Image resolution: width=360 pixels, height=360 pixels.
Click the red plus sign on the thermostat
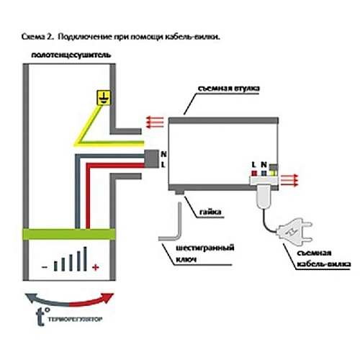(95, 267)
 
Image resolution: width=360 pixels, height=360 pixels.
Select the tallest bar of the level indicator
(86, 258)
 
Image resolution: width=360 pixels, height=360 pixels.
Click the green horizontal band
(69, 233)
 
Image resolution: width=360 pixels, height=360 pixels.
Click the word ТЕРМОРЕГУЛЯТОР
(74, 318)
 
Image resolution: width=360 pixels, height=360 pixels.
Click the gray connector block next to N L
(152, 160)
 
